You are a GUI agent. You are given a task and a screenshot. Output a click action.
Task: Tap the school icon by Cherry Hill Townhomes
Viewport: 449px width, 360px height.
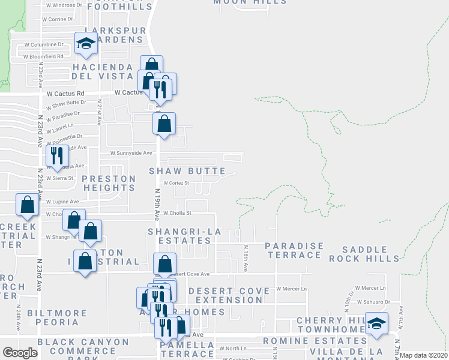376,323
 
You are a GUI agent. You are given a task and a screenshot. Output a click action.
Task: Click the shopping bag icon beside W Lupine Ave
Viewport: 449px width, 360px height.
28,205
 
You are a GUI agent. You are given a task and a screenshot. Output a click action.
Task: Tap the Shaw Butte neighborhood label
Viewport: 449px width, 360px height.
187,172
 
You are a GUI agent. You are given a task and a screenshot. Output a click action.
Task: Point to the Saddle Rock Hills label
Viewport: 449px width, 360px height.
370,254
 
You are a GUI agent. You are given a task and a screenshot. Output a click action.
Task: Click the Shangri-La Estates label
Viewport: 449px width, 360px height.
180,236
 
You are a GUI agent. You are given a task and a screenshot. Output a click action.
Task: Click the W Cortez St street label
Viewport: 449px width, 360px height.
175,183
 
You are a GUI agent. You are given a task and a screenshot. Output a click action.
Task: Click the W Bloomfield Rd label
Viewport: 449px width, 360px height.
44,56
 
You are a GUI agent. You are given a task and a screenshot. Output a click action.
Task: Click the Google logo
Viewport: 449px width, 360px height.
19,353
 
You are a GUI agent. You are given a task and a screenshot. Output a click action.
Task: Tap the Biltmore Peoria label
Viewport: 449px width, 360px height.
56,317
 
